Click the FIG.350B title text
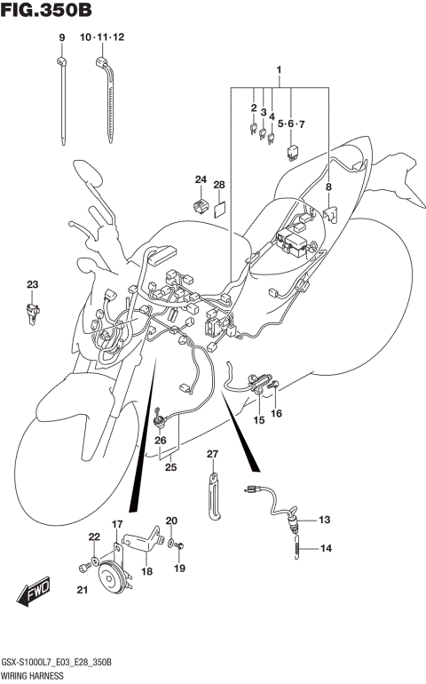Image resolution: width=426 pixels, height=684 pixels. click(x=46, y=10)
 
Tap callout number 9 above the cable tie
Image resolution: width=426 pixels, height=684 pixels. click(x=62, y=37)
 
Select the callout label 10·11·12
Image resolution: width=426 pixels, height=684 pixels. click(x=102, y=37)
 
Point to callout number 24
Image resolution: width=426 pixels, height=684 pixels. click(x=201, y=180)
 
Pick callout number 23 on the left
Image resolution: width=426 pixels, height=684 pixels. click(x=33, y=284)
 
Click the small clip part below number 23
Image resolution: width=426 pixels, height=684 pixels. click(x=33, y=309)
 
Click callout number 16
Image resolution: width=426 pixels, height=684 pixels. click(x=277, y=413)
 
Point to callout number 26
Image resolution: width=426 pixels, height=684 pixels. click(x=161, y=440)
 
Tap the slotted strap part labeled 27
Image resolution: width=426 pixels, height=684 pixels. click(x=214, y=497)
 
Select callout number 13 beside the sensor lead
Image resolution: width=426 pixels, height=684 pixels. click(x=323, y=520)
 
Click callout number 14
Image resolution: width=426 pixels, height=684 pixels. click(x=325, y=549)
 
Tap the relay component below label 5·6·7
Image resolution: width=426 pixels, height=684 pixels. click(x=292, y=149)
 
